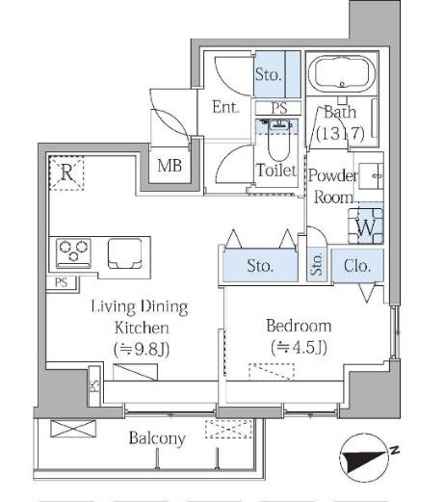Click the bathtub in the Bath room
coord(342,73)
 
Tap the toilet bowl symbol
coord(279,141)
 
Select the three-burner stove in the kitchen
coord(73,253)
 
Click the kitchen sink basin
coord(125,253)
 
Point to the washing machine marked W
coord(366,226)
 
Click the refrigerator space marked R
coord(66,172)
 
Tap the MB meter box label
coord(170,166)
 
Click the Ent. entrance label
coord(225,107)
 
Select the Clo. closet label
coord(357,266)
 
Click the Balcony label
coord(157,438)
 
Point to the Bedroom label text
coord(299,326)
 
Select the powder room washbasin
coord(371,176)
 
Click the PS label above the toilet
coord(278,108)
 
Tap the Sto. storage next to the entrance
coord(268,74)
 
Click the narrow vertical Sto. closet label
coord(317,264)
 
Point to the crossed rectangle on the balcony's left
coord(73,429)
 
